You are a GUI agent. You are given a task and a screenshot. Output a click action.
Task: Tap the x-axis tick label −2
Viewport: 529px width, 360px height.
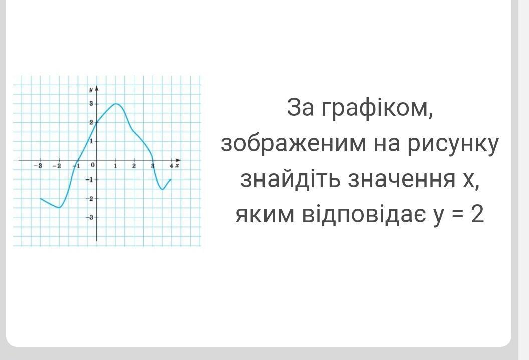57,166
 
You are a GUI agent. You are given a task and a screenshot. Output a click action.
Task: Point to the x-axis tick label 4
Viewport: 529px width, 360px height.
171,166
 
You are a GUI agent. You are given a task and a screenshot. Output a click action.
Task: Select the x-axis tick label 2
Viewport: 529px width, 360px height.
134,166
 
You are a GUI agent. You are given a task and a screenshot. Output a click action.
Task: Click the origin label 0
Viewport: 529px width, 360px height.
93,165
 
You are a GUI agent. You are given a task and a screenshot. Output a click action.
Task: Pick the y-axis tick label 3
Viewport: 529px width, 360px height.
91,104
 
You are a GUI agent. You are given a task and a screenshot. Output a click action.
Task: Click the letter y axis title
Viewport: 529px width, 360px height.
91,89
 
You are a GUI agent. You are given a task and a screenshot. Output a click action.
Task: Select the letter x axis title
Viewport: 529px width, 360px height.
177,165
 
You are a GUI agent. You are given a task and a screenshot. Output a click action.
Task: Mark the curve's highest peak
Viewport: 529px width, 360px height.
116,104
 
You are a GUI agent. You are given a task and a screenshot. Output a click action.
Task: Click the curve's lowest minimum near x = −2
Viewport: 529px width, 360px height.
59,207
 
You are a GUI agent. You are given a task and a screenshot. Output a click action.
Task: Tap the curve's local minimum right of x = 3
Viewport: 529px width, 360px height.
162,189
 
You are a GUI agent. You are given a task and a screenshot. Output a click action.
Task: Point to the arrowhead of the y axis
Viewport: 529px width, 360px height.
97,88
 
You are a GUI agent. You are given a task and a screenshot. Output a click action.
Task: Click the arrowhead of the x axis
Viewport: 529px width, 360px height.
178,160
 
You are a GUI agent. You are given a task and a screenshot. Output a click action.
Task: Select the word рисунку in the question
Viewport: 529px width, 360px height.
453,144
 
